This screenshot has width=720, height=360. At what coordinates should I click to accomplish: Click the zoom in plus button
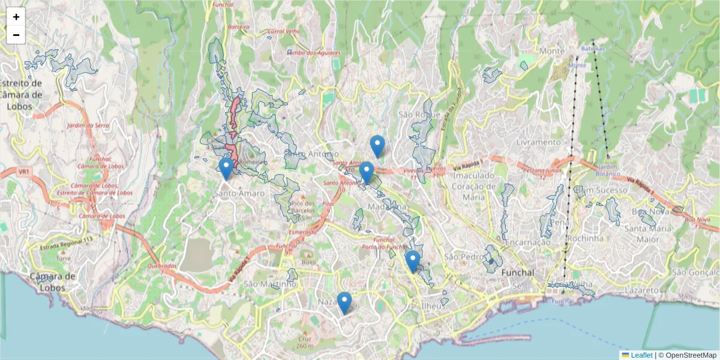pyautogui.click(x=16, y=17)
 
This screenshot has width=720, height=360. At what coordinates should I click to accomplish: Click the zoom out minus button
pyautogui.click(x=16, y=35)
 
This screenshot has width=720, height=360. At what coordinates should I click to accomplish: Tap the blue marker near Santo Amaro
pyautogui.click(x=226, y=169)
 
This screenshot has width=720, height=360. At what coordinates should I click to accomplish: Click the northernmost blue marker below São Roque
pyautogui.click(x=377, y=146)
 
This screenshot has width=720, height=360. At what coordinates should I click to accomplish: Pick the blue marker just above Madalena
pyautogui.click(x=367, y=173)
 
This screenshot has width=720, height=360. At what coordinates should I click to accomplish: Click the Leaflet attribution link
pyautogui.click(x=641, y=355)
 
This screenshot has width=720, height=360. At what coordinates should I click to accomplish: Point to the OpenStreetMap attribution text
pyautogui.click(x=688, y=355)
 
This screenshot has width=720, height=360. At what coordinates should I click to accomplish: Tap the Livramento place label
pyautogui.click(x=538, y=143)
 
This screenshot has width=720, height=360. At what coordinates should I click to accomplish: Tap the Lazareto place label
pyautogui.click(x=641, y=290)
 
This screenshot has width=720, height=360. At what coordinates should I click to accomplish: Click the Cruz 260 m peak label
pyautogui.click(x=305, y=342)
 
